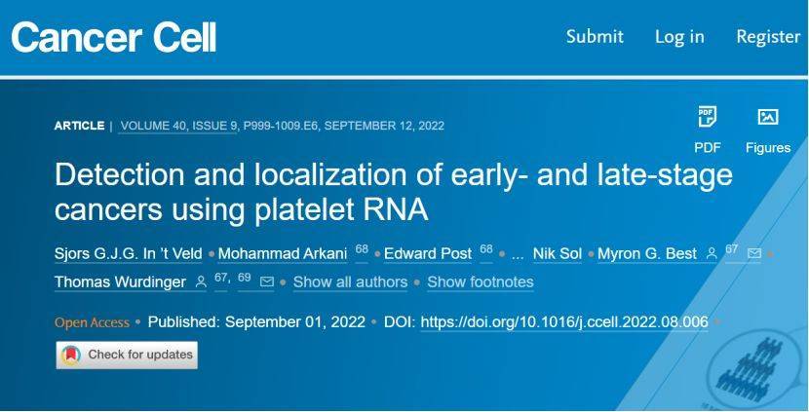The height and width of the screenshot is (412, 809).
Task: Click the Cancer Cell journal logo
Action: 113,37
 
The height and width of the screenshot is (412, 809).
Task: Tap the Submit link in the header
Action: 595,37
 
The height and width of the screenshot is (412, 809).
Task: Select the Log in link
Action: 679,37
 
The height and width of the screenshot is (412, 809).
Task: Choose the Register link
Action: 768,37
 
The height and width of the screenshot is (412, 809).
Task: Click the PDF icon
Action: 707,117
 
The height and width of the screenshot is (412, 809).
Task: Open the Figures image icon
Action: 768,117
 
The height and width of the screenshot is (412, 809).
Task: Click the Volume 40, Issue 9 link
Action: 177,126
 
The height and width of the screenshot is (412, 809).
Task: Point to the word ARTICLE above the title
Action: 80,126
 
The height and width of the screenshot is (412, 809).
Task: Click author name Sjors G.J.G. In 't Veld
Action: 129,253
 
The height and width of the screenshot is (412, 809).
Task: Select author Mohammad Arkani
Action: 283,253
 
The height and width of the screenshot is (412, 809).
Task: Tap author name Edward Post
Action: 428,253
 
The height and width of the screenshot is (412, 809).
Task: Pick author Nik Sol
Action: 558,253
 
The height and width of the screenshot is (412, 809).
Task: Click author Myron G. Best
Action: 647,253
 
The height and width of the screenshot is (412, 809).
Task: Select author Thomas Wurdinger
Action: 120,282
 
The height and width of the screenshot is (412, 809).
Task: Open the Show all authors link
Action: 350,282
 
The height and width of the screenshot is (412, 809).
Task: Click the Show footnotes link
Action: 481,282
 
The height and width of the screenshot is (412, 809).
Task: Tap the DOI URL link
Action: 564,322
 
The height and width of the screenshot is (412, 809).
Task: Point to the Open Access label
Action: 92,322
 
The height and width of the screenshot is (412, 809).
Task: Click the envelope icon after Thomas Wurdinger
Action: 267,281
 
